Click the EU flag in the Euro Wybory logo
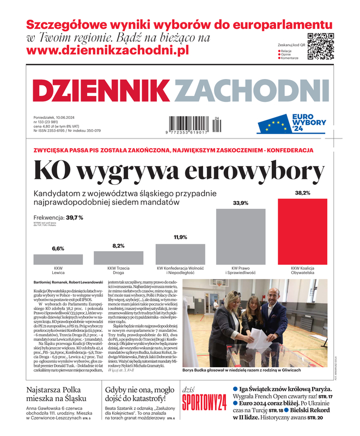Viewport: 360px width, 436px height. pos(274,126)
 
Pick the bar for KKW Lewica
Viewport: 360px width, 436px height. pos(58,259)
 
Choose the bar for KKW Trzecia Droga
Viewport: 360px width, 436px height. pos(119,258)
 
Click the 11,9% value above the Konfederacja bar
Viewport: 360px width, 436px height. pos(180,237)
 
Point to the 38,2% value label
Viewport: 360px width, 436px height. pos(303,193)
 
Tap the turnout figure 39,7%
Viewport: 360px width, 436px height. pos(74,217)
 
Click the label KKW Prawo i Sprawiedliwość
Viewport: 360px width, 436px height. pos(241,270)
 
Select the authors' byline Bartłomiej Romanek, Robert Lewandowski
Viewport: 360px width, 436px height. pos(68,282)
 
